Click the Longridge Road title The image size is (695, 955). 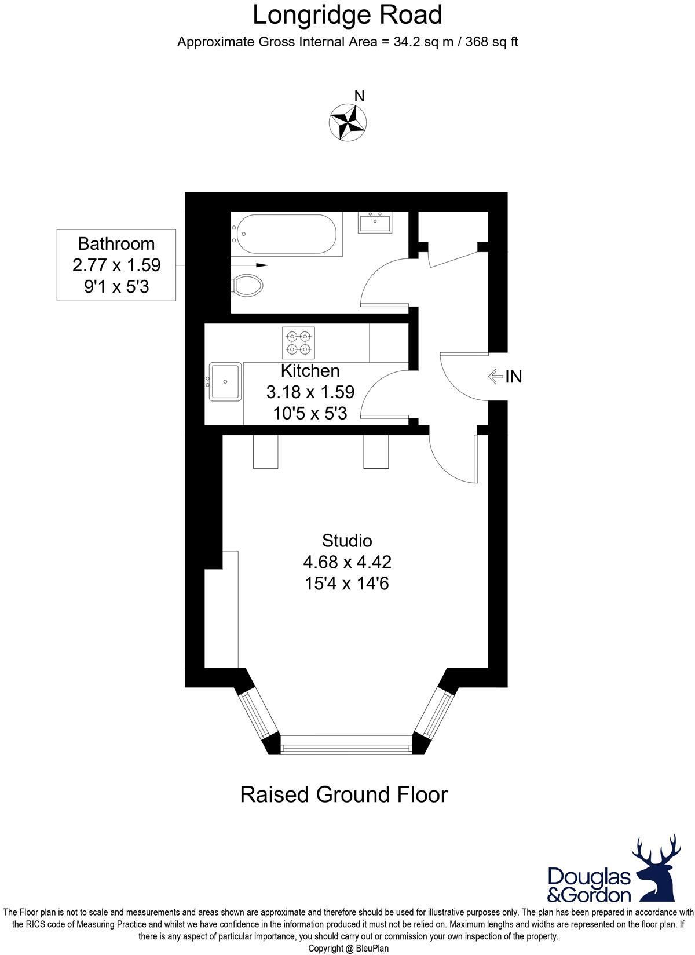click(x=348, y=15)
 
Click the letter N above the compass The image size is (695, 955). click(x=359, y=96)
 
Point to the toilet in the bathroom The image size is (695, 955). click(x=247, y=285)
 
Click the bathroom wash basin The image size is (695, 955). click(x=375, y=223)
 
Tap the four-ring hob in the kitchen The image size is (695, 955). click(x=299, y=342)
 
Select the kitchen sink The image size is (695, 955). click(x=225, y=382)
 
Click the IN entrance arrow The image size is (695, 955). click(x=496, y=377)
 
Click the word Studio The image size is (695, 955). click(x=347, y=541)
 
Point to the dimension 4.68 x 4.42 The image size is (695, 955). click(x=347, y=562)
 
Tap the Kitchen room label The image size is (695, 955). click(x=310, y=371)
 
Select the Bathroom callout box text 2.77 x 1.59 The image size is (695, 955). click(x=116, y=265)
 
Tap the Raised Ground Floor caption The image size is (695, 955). click(x=344, y=794)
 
